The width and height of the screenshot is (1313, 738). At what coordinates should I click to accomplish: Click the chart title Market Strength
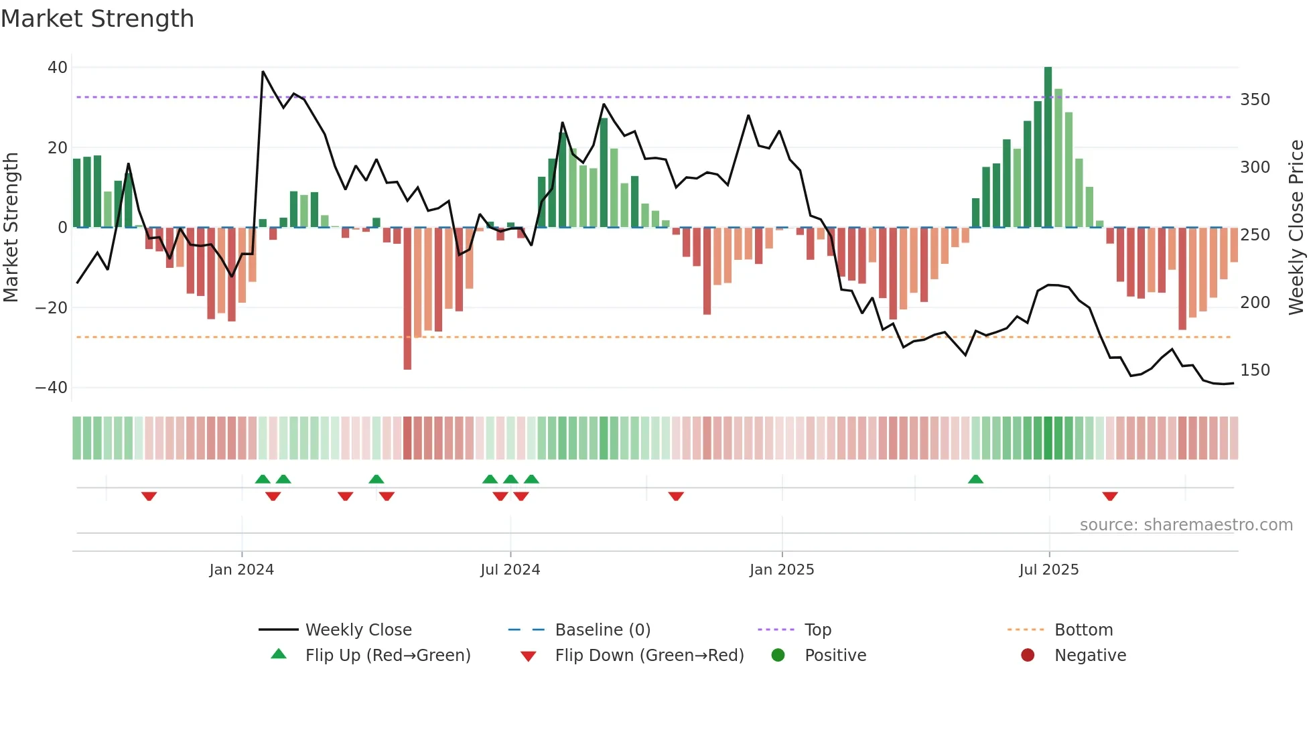click(x=97, y=19)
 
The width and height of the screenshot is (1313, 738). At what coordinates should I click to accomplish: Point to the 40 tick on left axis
click(x=57, y=68)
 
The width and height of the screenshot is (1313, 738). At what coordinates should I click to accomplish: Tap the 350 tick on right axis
click(x=1255, y=100)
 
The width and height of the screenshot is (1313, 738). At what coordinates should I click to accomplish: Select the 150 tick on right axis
click(x=1255, y=370)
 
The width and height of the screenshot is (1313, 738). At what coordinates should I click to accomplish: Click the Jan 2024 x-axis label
click(x=241, y=570)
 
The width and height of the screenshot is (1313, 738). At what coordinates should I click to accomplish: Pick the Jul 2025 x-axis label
click(x=1048, y=570)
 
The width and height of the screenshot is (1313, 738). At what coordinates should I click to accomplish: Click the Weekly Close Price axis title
click(x=1296, y=228)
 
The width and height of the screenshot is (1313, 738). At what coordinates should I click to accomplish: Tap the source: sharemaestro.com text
click(x=1186, y=525)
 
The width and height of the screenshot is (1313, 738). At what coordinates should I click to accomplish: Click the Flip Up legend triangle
click(x=279, y=654)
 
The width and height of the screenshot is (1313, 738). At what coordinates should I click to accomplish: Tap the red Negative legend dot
click(x=1028, y=655)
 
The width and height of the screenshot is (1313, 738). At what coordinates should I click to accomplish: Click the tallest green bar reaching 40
click(x=1048, y=147)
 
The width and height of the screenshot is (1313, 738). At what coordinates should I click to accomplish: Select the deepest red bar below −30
click(x=407, y=298)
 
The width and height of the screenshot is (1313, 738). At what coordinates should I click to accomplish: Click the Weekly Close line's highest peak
click(x=263, y=72)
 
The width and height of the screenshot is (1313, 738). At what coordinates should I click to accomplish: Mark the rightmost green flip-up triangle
click(x=975, y=479)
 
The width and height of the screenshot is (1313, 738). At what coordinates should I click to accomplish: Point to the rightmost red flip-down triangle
click(x=1110, y=496)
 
